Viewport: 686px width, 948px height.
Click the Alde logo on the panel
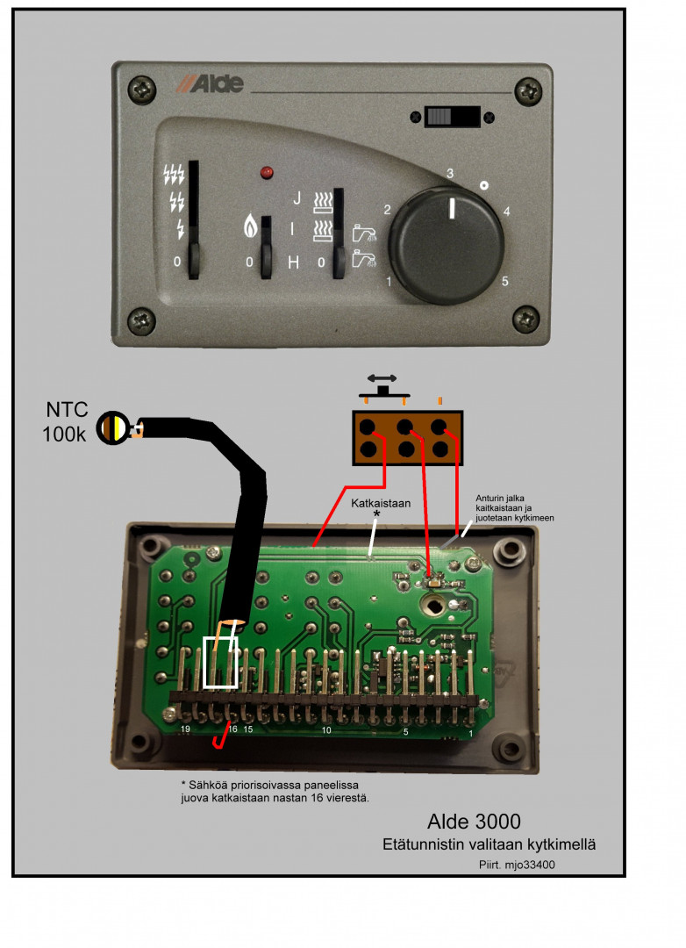click(208, 84)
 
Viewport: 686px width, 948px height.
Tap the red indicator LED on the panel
click(265, 173)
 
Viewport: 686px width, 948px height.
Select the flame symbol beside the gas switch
click(250, 230)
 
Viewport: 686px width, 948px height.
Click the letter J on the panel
click(296, 198)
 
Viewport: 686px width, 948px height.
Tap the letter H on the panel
click(294, 262)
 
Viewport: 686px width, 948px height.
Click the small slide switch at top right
click(451, 117)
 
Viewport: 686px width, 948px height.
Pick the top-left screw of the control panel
click(141, 88)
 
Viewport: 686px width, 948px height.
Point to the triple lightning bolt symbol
click(174, 175)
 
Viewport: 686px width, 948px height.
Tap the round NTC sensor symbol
click(114, 428)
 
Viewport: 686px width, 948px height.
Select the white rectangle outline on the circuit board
click(220, 662)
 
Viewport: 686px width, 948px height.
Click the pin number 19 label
click(185, 729)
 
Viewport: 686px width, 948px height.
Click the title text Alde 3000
click(474, 822)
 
